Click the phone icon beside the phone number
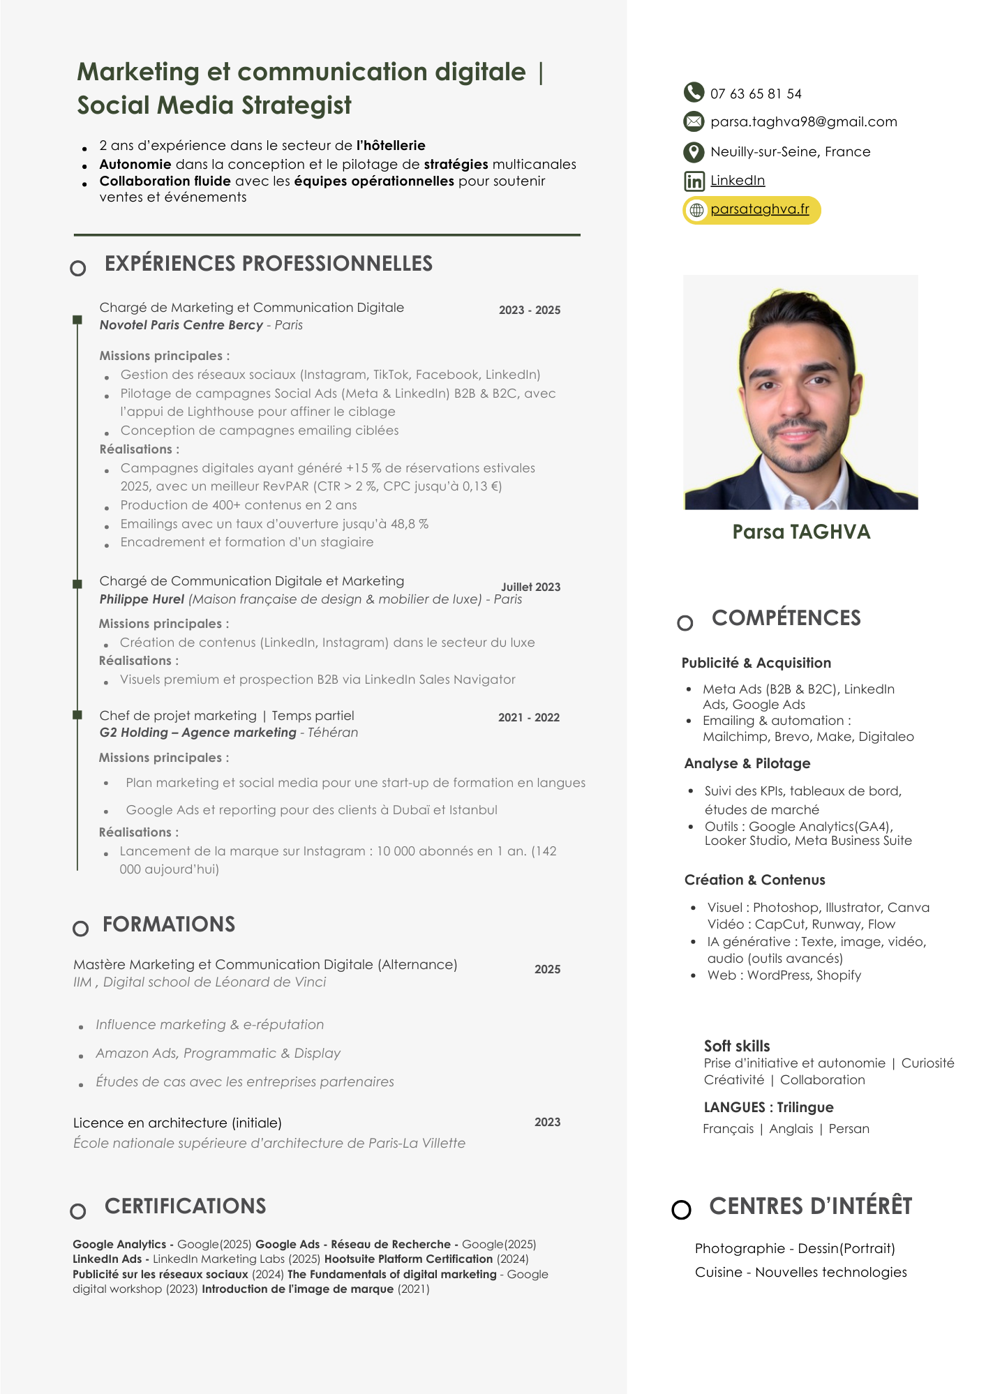[x=693, y=92]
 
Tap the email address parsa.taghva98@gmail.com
[x=803, y=122]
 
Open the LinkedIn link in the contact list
[x=737, y=181]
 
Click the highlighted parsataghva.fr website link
[x=759, y=209]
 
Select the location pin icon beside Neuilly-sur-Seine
[x=693, y=151]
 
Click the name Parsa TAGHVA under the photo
[x=801, y=532]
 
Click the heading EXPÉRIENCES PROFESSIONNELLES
[x=269, y=264]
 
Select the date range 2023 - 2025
[x=529, y=310]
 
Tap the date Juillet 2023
[x=530, y=587]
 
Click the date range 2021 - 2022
[x=528, y=718]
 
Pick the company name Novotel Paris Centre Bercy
[x=181, y=325]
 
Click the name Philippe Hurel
[x=142, y=599]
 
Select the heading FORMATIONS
[x=169, y=924]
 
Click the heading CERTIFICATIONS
[x=185, y=1206]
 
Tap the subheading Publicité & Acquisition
[x=756, y=663]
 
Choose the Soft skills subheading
[x=736, y=1046]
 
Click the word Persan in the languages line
[x=849, y=1129]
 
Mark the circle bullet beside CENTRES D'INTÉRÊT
[x=681, y=1210]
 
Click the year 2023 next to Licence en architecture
[x=547, y=1123]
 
